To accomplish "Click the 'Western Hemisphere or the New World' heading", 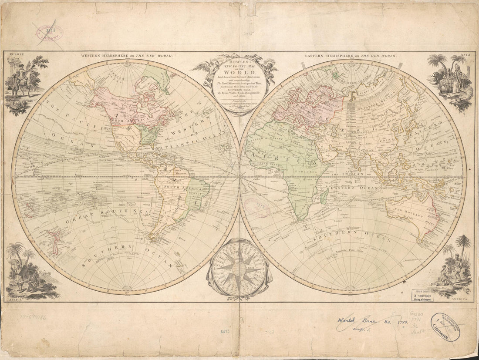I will pyautogui.click(x=126, y=56).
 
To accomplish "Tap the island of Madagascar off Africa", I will pyautogui.click(x=324, y=196).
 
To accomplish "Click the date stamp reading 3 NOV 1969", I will pyautogui.click(x=422, y=296).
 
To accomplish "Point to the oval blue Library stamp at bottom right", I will pyautogui.click(x=445, y=327).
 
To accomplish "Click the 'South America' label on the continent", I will pyautogui.click(x=176, y=188).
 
